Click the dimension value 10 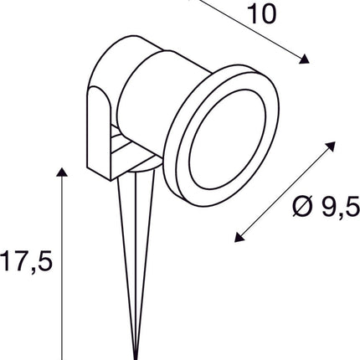(261, 14)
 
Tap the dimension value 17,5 (27, 262)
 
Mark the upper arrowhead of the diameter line (327, 147)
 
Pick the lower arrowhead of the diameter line (239, 237)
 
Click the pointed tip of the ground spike (136, 355)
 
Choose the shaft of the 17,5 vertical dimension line (60, 268)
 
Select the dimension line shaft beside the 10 (260, 33)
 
